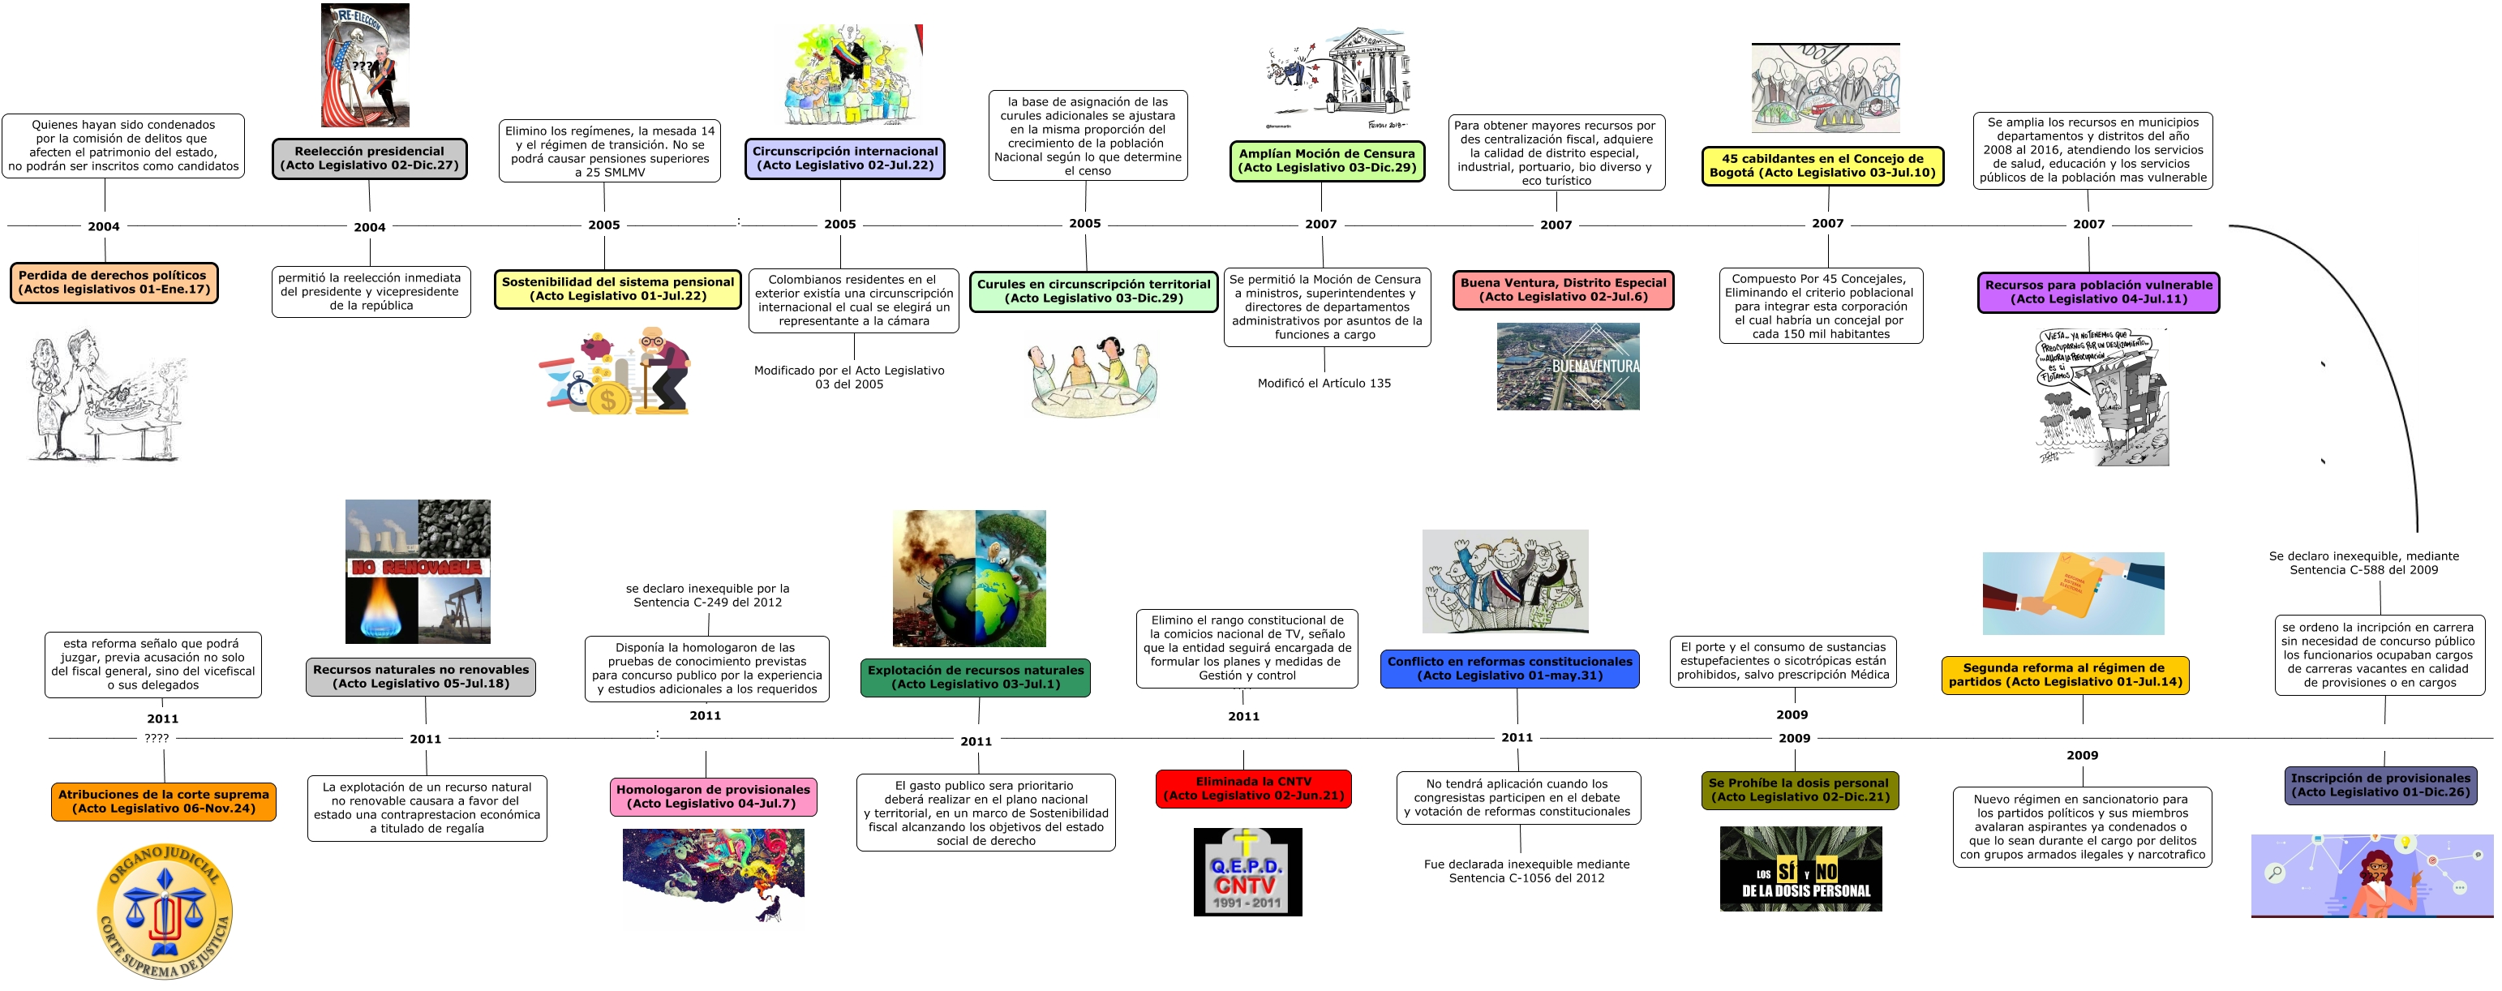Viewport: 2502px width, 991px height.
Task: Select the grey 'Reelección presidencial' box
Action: (369, 158)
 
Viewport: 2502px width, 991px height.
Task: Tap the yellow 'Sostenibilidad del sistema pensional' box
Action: (618, 290)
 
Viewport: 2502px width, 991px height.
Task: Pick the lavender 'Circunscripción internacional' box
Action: (845, 158)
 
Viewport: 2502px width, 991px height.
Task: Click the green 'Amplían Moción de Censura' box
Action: (1327, 161)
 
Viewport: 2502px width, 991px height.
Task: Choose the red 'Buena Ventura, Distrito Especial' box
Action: (1563, 290)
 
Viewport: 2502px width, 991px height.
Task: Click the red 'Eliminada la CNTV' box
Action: (1253, 789)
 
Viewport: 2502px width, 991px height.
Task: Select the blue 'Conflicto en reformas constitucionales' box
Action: (1509, 668)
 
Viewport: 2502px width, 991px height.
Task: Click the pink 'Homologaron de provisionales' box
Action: (713, 796)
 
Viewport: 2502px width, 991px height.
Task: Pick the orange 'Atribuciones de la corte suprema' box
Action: (163, 801)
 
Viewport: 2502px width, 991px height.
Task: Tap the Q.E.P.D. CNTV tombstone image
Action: (1247, 872)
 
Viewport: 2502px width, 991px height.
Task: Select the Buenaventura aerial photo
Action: (1568, 367)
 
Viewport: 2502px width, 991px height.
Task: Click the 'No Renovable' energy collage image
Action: (418, 571)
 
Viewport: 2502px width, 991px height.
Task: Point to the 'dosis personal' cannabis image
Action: (1800, 869)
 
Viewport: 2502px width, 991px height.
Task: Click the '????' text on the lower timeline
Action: (157, 739)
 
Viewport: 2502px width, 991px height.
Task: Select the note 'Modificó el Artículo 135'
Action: (1324, 384)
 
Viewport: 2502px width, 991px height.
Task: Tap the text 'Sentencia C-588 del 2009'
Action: (2363, 570)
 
